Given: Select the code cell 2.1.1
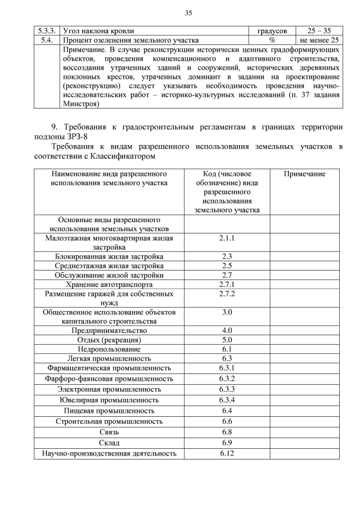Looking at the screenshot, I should [227, 238].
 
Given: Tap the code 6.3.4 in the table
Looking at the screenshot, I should [227, 400].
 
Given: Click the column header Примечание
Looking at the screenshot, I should [304, 174].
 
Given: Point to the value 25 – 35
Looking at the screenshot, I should [319, 31].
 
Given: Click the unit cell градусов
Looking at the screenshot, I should [272, 31].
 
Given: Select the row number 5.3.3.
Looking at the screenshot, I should [47, 31].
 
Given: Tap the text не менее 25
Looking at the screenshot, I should [319, 40].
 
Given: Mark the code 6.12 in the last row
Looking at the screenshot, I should [227, 453].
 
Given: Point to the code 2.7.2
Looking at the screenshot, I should [227, 294].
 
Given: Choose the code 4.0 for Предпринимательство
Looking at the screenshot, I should [227, 330].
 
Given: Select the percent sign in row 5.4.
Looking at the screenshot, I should [272, 40].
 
